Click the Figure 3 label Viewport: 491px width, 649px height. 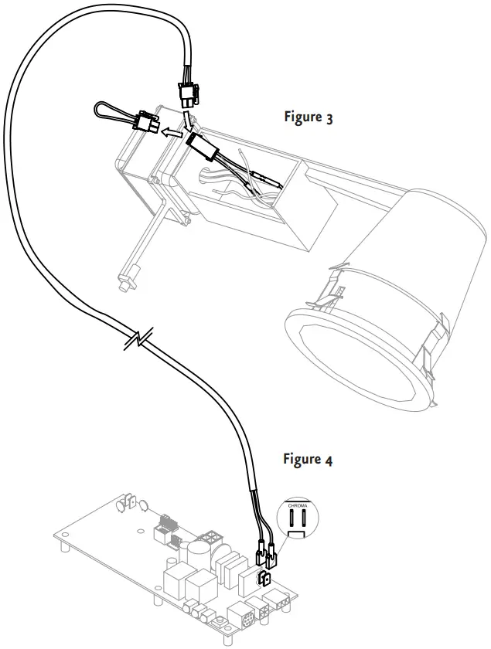(x=309, y=118)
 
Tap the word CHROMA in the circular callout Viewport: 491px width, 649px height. (x=298, y=507)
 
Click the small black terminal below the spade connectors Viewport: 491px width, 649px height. (x=265, y=579)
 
